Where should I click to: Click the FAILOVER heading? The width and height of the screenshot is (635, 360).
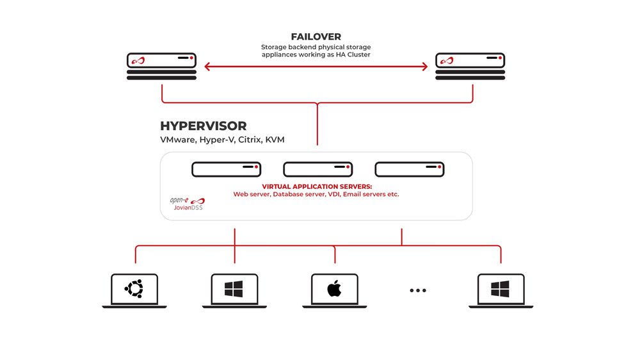coord(316,37)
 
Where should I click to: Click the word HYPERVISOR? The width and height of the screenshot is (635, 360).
coord(203,126)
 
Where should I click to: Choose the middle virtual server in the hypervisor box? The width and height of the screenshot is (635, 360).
coord(317,170)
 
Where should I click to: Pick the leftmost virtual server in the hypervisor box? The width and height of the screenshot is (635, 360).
coord(226,170)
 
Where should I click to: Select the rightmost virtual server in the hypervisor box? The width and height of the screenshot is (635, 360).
coord(409,170)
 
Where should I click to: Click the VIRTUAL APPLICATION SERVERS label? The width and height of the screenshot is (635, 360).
coord(316,186)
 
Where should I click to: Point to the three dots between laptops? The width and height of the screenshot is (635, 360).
coord(417,291)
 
